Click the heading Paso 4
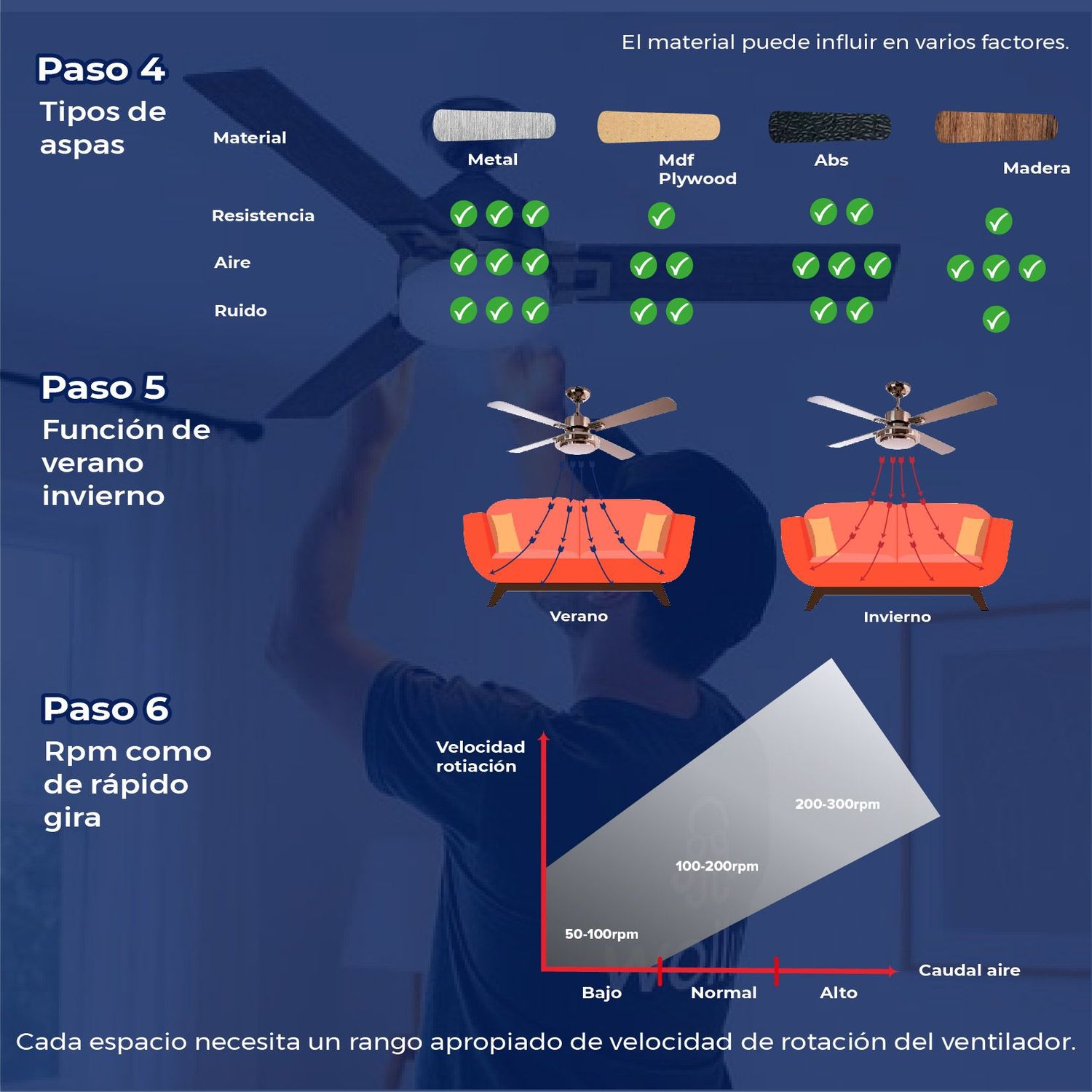(102, 70)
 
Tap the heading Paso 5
(104, 387)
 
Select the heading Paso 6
(106, 709)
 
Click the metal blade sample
(494, 125)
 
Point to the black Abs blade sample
(830, 127)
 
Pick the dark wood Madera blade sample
(996, 127)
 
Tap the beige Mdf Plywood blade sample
(659, 127)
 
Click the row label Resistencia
(263, 215)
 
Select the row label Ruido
(240, 311)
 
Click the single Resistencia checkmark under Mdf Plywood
(661, 215)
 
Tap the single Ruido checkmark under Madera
(996, 319)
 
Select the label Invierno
(897, 617)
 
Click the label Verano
(579, 617)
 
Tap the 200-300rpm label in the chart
(837, 804)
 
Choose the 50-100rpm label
(601, 934)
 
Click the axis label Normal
(724, 993)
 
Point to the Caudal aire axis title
(970, 970)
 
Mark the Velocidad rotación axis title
(480, 756)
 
